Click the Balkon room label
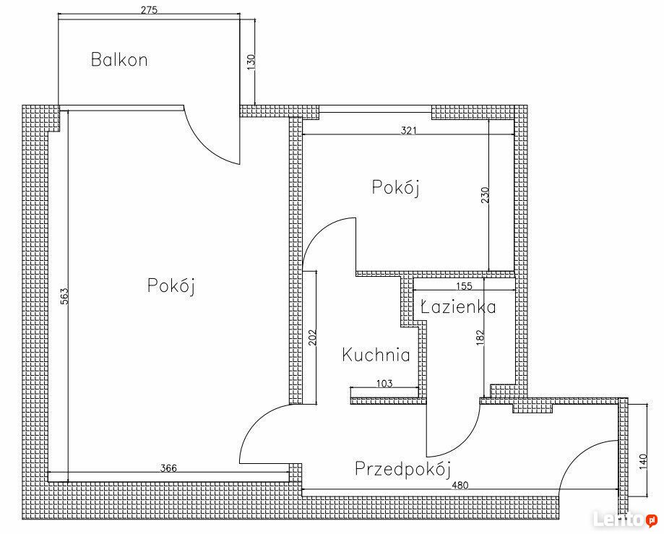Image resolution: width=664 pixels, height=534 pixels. tap(119, 60)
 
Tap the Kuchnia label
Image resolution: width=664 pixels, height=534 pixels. tap(376, 355)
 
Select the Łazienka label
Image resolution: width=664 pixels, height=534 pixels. tap(459, 306)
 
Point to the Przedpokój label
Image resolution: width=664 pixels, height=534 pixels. tap(402, 469)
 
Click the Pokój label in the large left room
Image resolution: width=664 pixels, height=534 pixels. tap(171, 286)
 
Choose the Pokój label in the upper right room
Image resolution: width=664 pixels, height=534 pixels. tap(395, 187)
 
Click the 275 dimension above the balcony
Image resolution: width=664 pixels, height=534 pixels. tap(149, 9)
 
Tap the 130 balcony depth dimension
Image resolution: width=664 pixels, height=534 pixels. tap(251, 62)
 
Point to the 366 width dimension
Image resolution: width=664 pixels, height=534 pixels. tap(168, 468)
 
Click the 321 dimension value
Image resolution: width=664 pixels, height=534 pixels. tap(409, 131)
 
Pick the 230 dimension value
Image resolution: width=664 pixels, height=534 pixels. tap(485, 195)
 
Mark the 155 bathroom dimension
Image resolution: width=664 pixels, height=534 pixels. tap(464, 286)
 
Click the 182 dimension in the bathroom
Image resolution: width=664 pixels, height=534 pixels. tap(480, 337)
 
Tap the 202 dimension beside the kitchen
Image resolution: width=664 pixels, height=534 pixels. tap(313, 337)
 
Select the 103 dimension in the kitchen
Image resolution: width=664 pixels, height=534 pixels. tap(384, 383)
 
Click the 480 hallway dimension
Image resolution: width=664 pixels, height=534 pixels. tap(460, 486)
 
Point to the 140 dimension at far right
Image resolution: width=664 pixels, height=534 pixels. tap(643, 461)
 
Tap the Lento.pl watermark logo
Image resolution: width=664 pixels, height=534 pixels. tap(625, 519)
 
